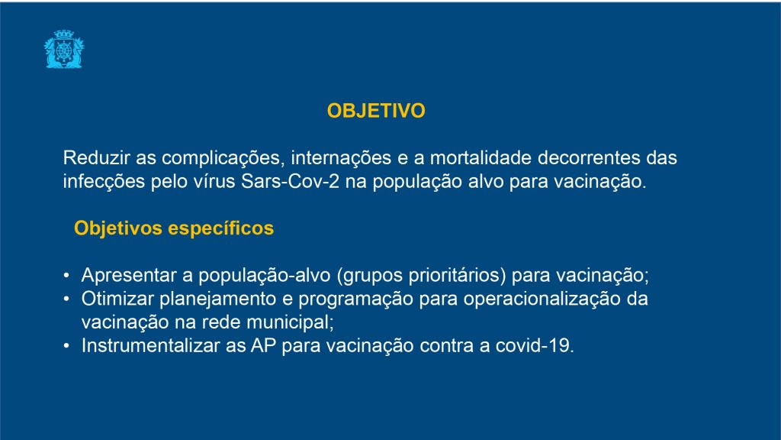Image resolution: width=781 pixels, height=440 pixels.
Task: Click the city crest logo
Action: [64, 49]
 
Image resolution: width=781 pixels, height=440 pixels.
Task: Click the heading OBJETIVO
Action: [376, 111]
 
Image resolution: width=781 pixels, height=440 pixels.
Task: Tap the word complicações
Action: [223, 159]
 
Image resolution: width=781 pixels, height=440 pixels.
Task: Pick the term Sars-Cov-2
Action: [290, 181]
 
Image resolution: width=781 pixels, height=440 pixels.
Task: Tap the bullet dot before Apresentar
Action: [66, 275]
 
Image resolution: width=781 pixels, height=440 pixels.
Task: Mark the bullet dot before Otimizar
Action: [66, 299]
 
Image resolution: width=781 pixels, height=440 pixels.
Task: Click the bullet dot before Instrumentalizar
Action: [66, 345]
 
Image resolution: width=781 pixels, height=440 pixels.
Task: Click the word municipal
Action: [290, 323]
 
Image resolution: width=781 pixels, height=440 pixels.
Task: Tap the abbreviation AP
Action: [263, 345]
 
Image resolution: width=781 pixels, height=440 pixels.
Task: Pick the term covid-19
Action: [535, 345]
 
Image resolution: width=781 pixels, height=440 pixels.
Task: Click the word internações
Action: [341, 159]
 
